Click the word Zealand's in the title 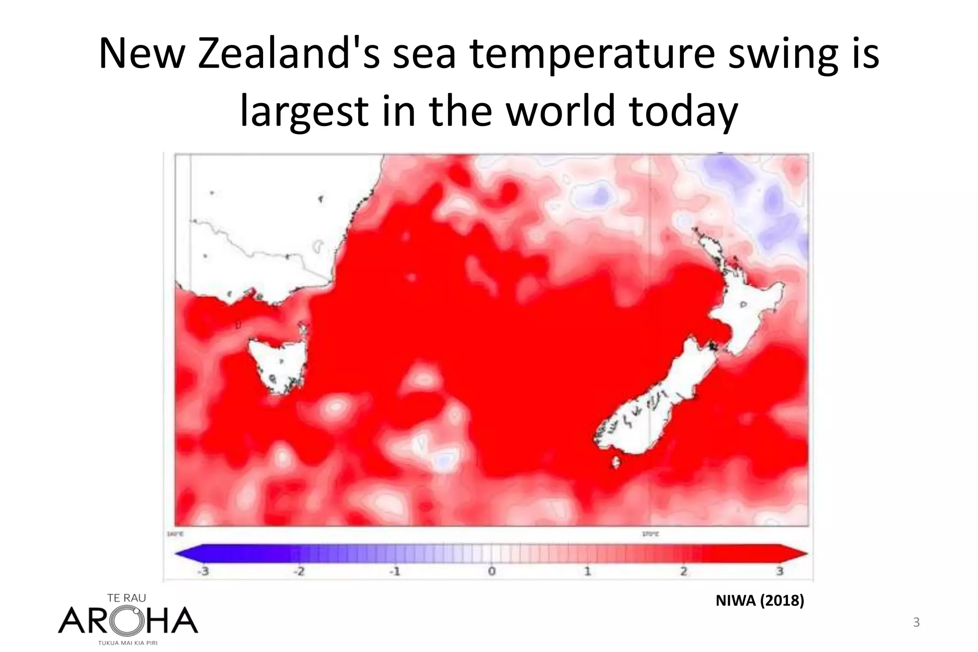click(289, 53)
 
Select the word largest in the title click(304, 111)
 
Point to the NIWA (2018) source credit click(760, 600)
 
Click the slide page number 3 click(916, 622)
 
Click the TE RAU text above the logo click(127, 598)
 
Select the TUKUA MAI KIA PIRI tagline click(128, 643)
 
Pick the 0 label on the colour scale click(491, 571)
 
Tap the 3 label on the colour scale click(779, 571)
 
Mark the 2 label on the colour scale click(684, 571)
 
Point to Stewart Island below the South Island click(616, 462)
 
